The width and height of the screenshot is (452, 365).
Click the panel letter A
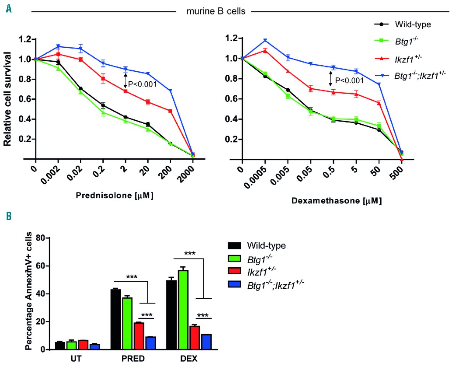(x=8, y=8)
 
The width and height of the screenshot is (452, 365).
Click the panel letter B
(x=8, y=216)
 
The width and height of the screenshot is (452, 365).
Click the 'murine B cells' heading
(x=216, y=11)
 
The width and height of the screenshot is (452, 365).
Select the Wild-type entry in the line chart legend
(x=412, y=24)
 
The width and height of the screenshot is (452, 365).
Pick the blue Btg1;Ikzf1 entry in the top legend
(x=420, y=76)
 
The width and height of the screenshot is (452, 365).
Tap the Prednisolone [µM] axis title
(x=115, y=195)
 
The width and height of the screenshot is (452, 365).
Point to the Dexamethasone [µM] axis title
(x=337, y=201)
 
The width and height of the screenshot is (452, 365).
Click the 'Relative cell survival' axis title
(x=8, y=99)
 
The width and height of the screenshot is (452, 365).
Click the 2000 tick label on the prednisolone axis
(x=186, y=173)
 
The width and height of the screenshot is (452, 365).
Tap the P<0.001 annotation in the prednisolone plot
(x=142, y=84)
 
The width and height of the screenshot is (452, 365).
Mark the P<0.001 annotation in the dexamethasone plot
(x=349, y=81)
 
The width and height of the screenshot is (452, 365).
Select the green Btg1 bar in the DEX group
(x=183, y=310)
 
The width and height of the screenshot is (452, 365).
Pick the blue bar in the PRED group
(x=150, y=343)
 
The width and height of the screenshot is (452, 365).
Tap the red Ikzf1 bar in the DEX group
(x=195, y=337)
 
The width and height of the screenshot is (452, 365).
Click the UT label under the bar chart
(x=76, y=359)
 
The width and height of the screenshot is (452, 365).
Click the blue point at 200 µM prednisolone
(x=170, y=91)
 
